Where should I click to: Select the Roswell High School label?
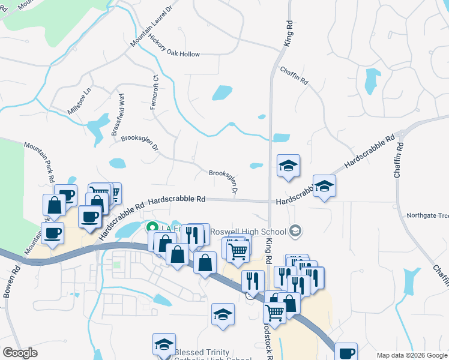point(252,232)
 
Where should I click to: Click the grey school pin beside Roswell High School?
point(295,230)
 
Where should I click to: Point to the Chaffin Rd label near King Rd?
point(294,75)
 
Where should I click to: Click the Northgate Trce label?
point(427,216)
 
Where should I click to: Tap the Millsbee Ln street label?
point(79,101)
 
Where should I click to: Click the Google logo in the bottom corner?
point(20,353)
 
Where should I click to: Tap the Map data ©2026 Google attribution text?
point(412,355)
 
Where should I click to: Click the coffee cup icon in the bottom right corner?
point(346,353)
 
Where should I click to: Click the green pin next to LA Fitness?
point(151,227)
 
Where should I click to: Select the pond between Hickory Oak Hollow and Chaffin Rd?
point(221,93)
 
